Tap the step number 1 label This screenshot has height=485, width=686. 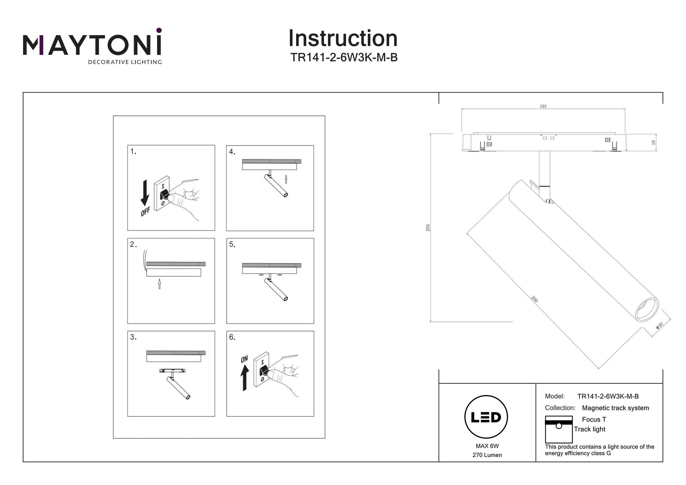(x=133, y=151)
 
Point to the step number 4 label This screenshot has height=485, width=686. (x=232, y=152)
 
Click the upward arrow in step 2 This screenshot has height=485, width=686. (x=159, y=283)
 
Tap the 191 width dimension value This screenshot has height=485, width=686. (x=543, y=106)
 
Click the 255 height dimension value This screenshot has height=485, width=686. (x=428, y=228)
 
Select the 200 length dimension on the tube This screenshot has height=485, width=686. (x=534, y=299)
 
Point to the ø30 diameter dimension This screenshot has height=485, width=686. (x=660, y=326)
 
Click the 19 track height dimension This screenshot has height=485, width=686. (x=653, y=142)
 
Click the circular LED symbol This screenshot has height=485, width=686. (x=486, y=417)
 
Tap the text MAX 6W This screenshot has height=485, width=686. (x=487, y=446)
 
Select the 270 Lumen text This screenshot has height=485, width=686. (x=487, y=455)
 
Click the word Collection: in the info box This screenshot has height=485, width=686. (x=560, y=408)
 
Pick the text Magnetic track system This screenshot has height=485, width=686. (x=615, y=408)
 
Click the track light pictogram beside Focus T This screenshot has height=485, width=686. (x=558, y=429)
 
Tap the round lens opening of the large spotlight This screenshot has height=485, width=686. (x=647, y=309)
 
